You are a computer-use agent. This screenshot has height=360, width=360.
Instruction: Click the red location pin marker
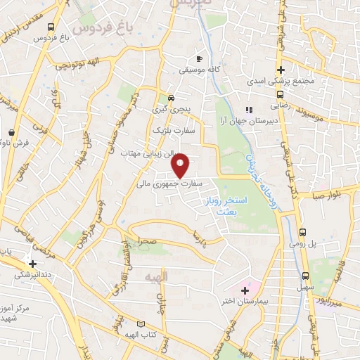pyautogui.click(x=181, y=165)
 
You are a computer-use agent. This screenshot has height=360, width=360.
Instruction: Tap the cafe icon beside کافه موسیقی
pyautogui.click(x=199, y=58)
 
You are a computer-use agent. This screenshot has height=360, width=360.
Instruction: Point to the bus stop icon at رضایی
pyautogui.click(x=280, y=94)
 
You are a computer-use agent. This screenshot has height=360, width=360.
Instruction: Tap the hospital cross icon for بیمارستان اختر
pyautogui.click(x=245, y=290)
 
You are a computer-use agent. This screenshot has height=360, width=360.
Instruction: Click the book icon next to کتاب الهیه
pyautogui.click(x=143, y=324)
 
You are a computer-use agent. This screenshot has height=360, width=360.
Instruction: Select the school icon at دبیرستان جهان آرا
pyautogui.click(x=247, y=110)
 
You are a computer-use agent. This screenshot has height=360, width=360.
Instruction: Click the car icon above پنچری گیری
pyautogui.click(x=172, y=98)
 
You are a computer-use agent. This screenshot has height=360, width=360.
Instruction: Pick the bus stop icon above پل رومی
pyautogui.click(x=302, y=232)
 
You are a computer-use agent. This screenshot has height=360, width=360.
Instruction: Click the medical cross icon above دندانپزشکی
pyautogui.click(x=32, y=264)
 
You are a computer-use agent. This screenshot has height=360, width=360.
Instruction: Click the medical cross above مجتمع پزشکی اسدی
pyautogui.click(x=281, y=70)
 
